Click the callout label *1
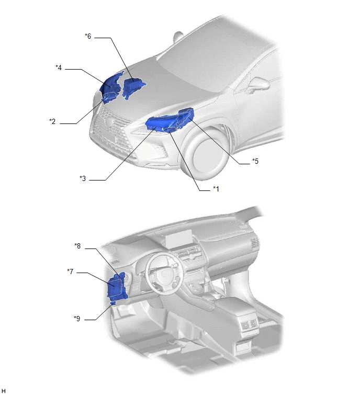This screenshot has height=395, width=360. [216, 188]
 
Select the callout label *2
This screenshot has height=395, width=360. [52, 121]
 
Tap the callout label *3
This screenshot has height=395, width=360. [83, 178]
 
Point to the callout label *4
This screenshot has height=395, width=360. [59, 67]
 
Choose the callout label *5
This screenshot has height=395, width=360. [255, 161]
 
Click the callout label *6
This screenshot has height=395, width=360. [88, 36]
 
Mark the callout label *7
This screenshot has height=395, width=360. [70, 272]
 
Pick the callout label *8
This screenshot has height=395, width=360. [77, 246]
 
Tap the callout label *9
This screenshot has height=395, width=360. [77, 319]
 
